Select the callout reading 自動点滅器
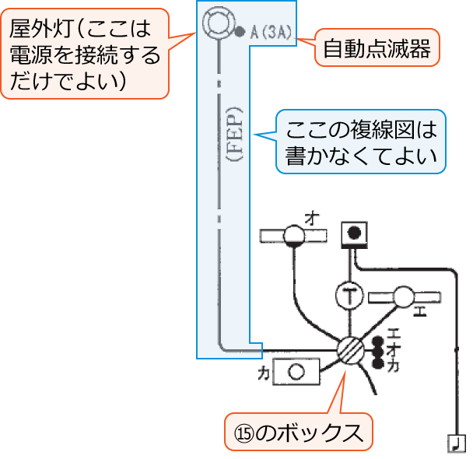pos(377,49)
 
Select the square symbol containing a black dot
pos(355,232)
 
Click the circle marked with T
pos(352,295)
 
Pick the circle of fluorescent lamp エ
pos(405,297)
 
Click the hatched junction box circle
pos(351,351)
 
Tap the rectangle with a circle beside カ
pos(295,372)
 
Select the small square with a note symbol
pos(456,443)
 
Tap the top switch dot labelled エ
pos(379,341)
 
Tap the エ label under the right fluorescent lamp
pos(421,314)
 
